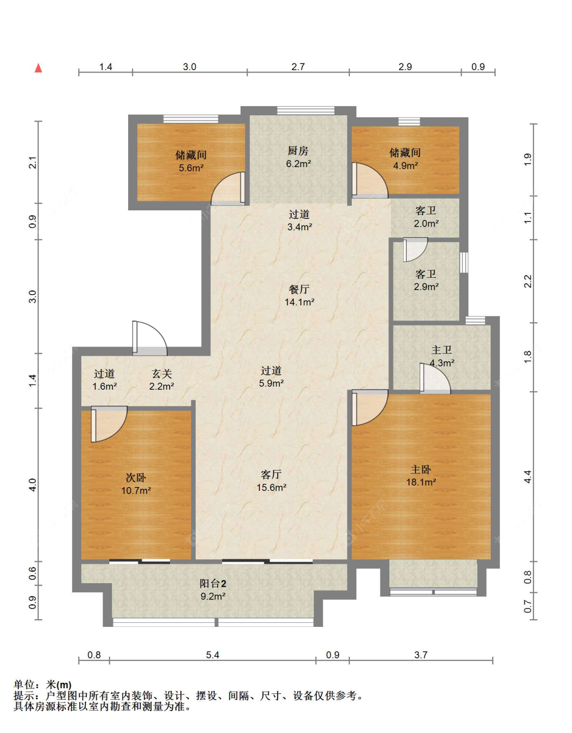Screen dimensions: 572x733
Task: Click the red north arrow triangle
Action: [39, 68]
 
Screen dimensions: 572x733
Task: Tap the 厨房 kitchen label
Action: [298, 150]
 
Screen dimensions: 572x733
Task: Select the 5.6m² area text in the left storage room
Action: [191, 168]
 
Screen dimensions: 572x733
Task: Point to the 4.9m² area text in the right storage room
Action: [406, 166]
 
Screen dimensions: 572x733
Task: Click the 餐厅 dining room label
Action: [299, 289]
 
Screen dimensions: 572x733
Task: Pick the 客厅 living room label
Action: [271, 474]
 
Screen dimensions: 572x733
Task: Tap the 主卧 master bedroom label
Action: [420, 469]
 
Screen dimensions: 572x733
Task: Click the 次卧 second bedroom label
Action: [136, 477]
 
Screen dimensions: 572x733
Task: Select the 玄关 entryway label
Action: [162, 373]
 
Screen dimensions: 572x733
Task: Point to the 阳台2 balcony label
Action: [213, 583]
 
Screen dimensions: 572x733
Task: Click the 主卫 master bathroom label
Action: [441, 350]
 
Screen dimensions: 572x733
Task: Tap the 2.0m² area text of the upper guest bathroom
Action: [427, 224]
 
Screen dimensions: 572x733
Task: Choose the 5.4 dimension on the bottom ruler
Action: [213, 655]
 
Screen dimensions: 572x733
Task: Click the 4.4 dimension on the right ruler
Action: [528, 476]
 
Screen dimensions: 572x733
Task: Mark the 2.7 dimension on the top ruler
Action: [298, 67]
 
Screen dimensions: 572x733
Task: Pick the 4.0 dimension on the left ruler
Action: [33, 485]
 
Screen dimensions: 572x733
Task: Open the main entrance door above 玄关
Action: [149, 338]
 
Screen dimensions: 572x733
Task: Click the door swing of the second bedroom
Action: [109, 424]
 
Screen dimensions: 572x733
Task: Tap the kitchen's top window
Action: [306, 110]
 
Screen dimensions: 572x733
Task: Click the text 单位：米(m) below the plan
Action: [43, 685]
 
